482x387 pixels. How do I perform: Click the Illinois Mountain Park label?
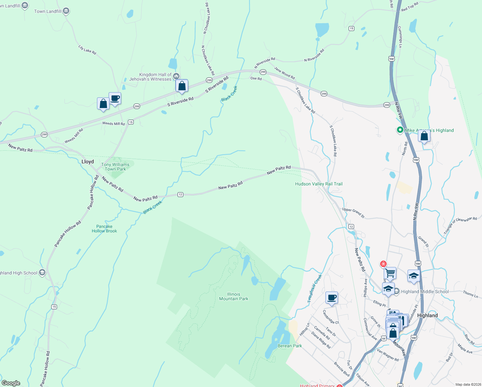pos(234,296)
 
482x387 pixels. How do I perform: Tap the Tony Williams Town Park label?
pos(115,167)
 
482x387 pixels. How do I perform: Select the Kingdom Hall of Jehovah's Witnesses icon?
pos(176,76)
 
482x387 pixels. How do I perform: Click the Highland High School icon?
pos(42,273)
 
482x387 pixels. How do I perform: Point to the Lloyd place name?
pos(88,162)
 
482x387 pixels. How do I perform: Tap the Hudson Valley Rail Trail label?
pos(319,184)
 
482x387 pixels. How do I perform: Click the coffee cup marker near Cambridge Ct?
pos(332,297)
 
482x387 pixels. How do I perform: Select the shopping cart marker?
pos(390,273)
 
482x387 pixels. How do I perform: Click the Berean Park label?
pos(290,346)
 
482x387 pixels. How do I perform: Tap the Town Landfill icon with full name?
pos(66,11)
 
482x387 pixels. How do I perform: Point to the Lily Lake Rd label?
pos(87,50)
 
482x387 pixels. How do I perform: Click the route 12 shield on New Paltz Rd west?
pos(180,194)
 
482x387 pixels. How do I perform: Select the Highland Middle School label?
pos(425,292)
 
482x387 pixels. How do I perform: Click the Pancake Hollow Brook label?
pos(104,229)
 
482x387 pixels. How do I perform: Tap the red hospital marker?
pos(383,264)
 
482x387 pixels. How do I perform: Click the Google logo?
pos(11,383)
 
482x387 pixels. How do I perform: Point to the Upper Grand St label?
pos(353,213)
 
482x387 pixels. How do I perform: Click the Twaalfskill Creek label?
pos(314,288)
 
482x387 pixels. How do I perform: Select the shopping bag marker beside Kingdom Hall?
pos(182,86)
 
